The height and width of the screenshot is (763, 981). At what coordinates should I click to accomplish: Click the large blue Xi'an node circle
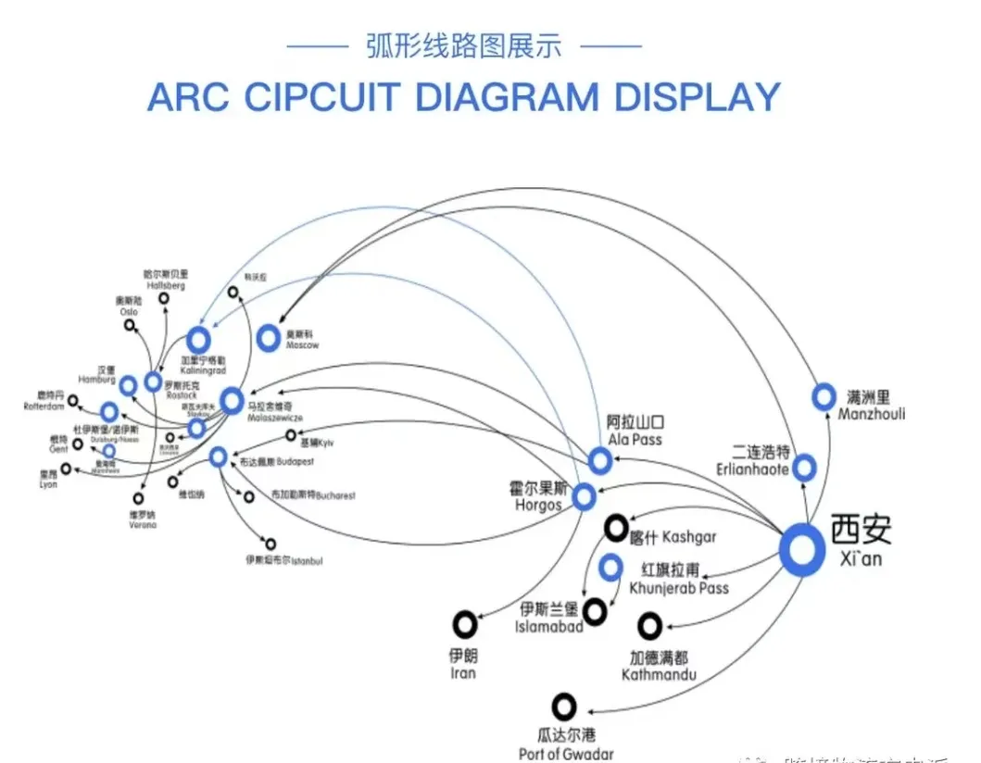801,549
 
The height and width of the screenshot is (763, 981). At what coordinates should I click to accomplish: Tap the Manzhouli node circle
824,397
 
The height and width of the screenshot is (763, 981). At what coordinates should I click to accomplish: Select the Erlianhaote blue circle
804,468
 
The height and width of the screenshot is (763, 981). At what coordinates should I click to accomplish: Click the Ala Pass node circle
600,459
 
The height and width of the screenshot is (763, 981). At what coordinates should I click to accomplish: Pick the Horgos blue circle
584,497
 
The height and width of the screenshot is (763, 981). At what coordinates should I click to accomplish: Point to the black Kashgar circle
616,529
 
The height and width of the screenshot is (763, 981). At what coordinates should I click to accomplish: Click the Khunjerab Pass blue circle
610,567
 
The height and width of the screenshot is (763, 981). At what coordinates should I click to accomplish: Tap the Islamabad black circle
595,610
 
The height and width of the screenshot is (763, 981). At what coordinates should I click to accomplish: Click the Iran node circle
464,624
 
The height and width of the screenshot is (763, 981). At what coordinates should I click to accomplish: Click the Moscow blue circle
268,338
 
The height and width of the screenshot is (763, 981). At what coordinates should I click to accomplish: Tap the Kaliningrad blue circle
197,340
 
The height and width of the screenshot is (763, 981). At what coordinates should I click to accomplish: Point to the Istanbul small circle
270,544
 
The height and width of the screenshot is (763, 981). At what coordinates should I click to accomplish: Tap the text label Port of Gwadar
566,754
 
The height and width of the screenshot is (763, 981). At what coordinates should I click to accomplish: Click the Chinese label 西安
861,528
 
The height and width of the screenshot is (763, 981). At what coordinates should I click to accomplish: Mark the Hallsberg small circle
164,298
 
